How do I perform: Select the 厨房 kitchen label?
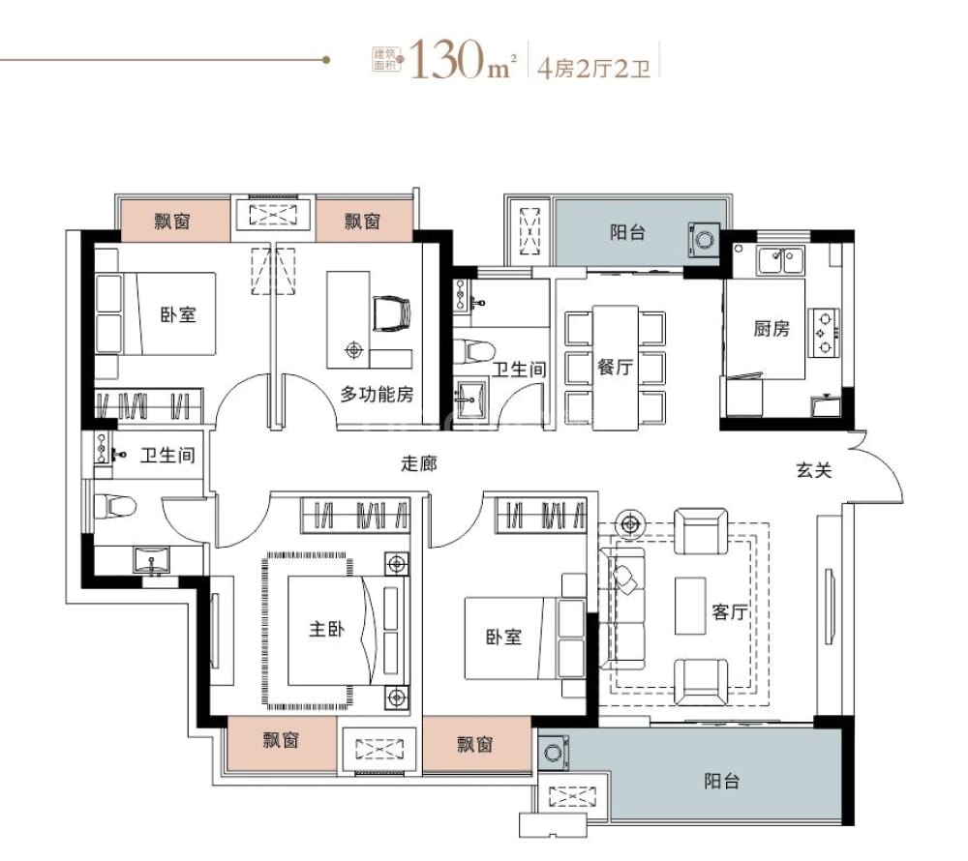tap(771, 329)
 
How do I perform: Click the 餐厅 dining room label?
tap(615, 368)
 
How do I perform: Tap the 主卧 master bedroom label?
tap(326, 629)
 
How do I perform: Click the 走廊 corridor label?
tap(418, 463)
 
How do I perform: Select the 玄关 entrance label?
tap(814, 471)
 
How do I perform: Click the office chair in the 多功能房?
tap(391, 312)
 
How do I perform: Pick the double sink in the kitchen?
tap(780, 259)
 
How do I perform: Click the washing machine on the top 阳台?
tap(704, 239)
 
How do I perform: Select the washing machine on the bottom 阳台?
tap(555, 752)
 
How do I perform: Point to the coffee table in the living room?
tap(690, 606)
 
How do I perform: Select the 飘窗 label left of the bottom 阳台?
tap(475, 743)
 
